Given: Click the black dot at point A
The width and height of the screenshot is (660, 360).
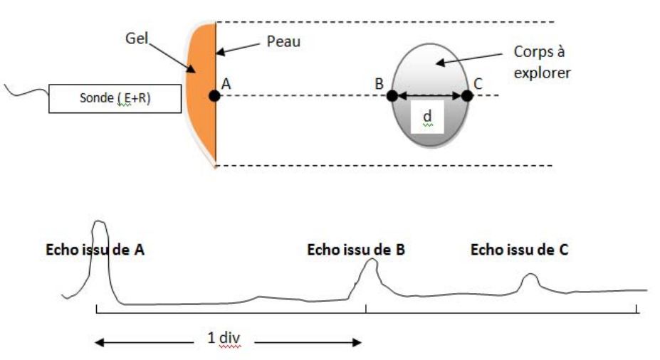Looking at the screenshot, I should pos(214,95).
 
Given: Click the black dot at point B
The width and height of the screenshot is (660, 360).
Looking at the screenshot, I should pos(392,95).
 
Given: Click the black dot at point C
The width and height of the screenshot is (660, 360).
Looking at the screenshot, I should pos(466,95).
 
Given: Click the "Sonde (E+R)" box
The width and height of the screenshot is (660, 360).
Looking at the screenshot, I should pos(105,99).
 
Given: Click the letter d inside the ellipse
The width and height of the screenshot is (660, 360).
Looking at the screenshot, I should pos(428,116).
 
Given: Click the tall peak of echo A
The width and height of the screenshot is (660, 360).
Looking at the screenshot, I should pos(100,223).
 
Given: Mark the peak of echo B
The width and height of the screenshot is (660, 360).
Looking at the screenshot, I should pos(370,261).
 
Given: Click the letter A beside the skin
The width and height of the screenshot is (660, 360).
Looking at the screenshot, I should pos(227,83).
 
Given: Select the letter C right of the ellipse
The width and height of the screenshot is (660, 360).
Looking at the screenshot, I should pos(478,83).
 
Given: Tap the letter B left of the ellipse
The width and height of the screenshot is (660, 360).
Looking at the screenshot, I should pos(379,83).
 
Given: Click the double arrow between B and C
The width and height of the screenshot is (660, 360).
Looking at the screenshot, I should pos(429,95).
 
